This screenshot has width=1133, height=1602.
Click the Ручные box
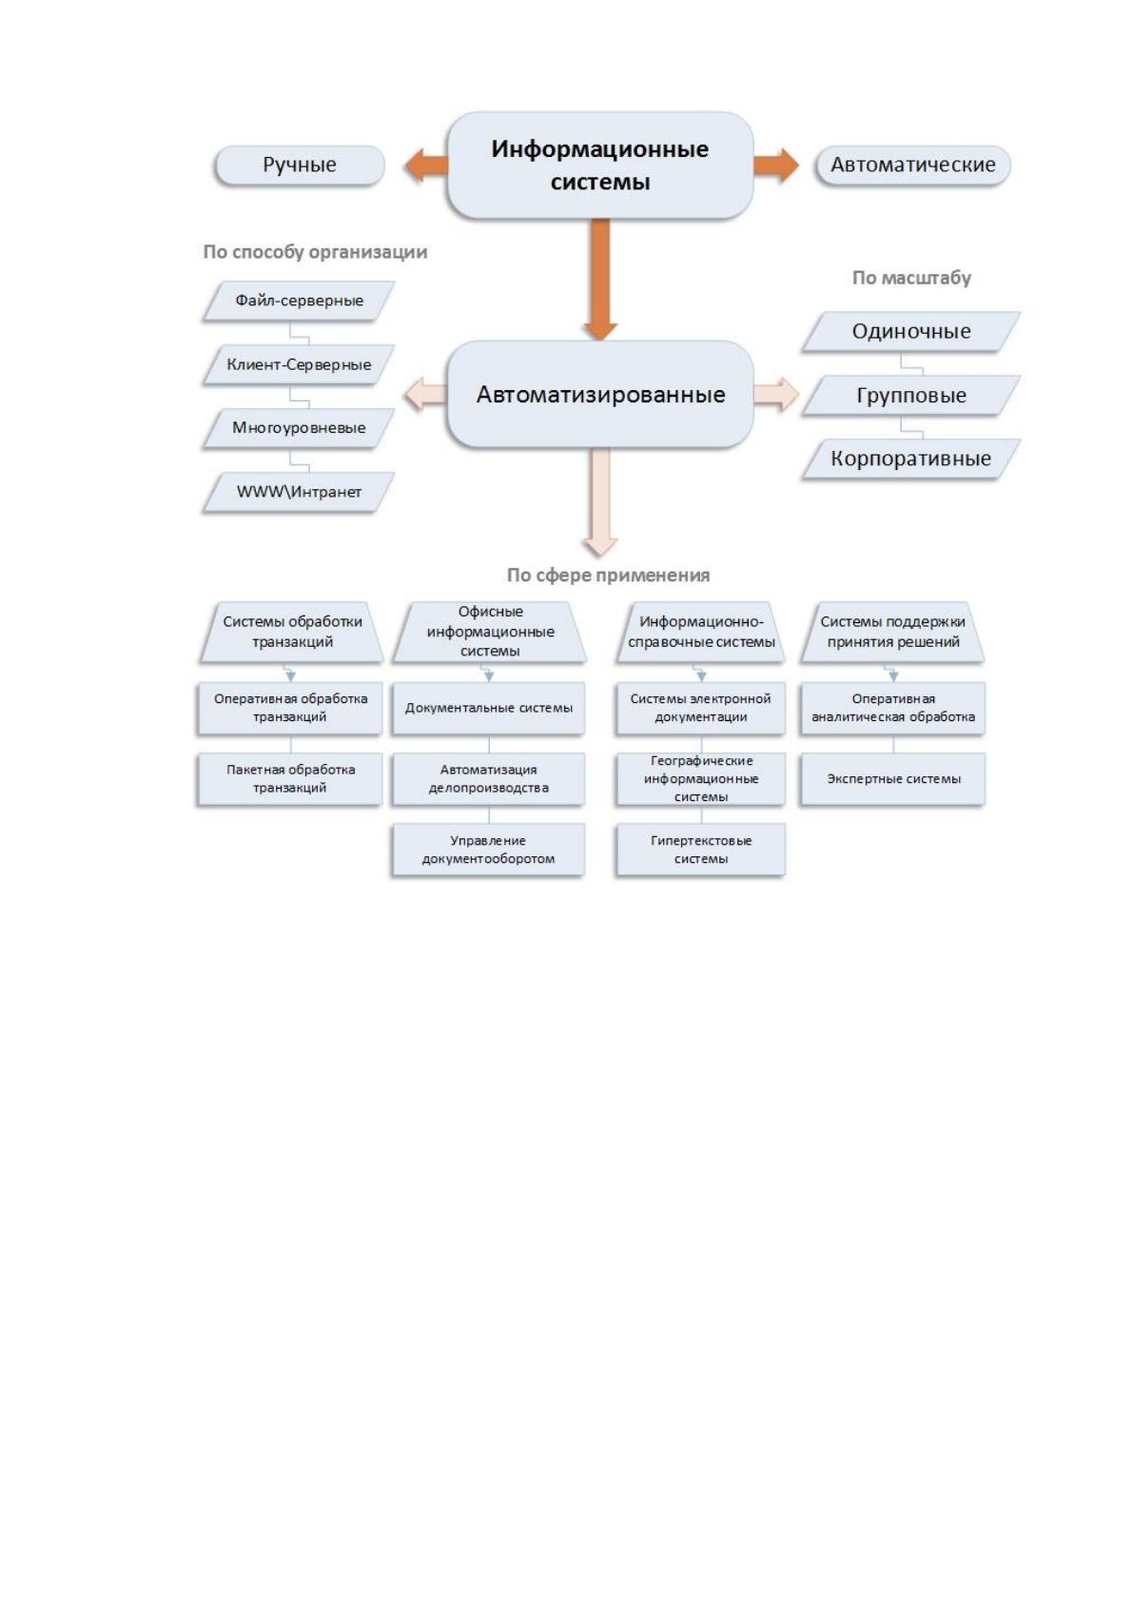299,166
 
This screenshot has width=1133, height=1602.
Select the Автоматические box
912,166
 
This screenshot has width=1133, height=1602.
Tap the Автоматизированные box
600,394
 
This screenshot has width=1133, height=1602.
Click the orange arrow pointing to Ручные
426,166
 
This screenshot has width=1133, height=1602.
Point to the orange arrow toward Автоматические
776,166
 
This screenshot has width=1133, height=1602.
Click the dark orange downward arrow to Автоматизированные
600,279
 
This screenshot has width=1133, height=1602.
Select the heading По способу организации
315,252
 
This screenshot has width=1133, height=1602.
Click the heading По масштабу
911,278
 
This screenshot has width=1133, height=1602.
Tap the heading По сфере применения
608,575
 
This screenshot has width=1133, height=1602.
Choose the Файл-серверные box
299,301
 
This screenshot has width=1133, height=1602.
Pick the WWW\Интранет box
299,492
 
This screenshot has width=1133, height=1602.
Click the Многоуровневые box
299,428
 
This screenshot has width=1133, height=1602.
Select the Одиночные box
911,331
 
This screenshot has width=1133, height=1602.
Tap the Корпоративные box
911,459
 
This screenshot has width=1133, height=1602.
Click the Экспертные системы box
892,779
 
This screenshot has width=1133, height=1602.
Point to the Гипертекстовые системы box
701,850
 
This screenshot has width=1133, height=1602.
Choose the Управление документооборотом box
489,850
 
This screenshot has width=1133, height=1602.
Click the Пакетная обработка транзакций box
290,779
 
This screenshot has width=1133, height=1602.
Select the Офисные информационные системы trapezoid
490,632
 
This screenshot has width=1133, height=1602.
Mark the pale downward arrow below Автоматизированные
600,502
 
